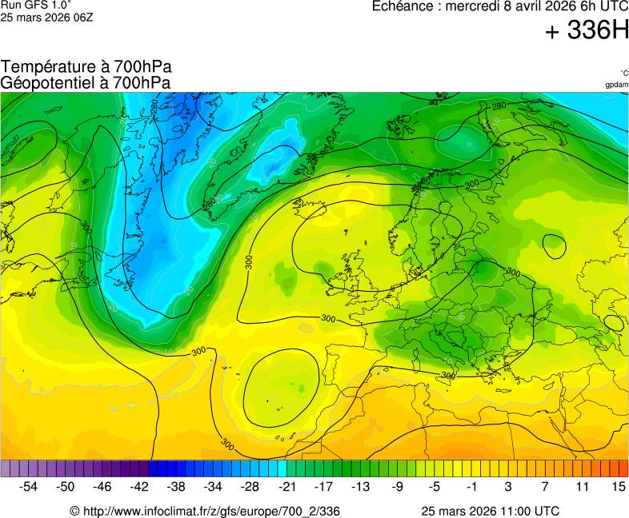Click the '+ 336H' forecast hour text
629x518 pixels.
click(x=587, y=31)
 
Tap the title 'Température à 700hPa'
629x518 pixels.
click(x=86, y=67)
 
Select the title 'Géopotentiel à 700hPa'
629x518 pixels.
click(x=86, y=82)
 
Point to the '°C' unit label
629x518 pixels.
click(x=623, y=73)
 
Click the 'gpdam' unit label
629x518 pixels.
click(x=616, y=84)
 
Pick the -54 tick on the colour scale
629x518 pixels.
click(x=30, y=486)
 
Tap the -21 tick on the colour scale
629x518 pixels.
click(x=287, y=486)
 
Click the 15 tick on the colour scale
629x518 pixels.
click(x=618, y=486)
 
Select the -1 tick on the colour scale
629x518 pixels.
click(x=471, y=486)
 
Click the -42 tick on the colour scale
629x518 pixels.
click(x=140, y=486)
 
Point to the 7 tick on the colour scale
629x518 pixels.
click(x=545, y=486)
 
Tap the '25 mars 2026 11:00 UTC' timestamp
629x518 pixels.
click(x=491, y=511)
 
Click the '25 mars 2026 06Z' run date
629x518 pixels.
click(x=46, y=17)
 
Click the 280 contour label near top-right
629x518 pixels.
click(x=499, y=106)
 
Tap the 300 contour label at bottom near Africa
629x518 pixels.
click(x=227, y=443)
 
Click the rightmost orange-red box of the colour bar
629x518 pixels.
click(x=623, y=468)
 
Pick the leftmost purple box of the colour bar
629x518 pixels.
click(x=6, y=468)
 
